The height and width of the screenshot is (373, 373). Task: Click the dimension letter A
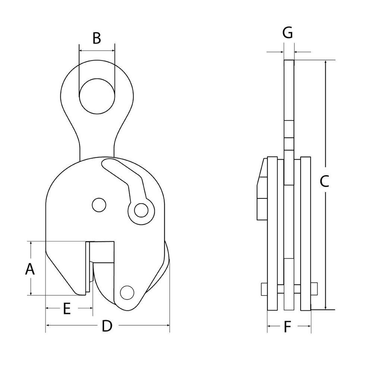(x=30, y=269)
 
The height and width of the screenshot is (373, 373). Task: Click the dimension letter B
(x=97, y=38)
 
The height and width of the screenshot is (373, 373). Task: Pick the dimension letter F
(x=287, y=327)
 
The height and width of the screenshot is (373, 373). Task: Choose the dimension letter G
(x=287, y=33)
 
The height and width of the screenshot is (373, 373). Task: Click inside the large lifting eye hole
(x=97, y=96)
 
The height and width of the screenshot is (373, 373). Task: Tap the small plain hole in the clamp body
(x=98, y=204)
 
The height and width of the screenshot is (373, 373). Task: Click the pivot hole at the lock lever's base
(x=140, y=211)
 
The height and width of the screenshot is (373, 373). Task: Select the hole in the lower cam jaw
(x=127, y=292)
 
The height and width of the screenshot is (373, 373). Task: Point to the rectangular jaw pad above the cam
(x=102, y=251)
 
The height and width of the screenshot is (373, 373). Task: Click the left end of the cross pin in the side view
(x=264, y=288)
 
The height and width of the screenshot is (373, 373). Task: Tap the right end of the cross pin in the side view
(x=314, y=288)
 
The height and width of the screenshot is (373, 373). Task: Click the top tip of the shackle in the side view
(x=289, y=62)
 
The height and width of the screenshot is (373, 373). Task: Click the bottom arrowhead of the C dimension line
(x=326, y=307)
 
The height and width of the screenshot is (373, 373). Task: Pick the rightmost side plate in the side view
(x=306, y=235)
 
